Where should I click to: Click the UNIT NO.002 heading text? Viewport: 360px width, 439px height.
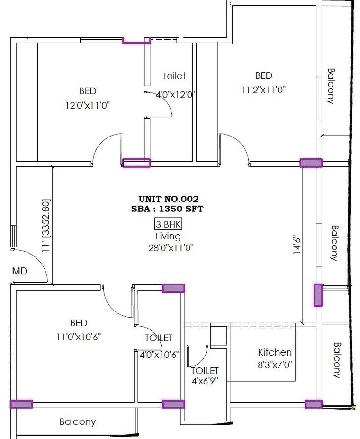pyautogui.click(x=168, y=199)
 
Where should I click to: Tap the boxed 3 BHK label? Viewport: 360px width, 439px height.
pyautogui.click(x=168, y=224)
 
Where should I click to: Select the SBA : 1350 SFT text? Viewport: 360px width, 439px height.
pyautogui.click(x=168, y=209)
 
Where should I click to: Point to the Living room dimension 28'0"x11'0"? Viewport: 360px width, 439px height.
pyautogui.click(x=168, y=247)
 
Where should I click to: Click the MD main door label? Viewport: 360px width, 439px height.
pyautogui.click(x=19, y=272)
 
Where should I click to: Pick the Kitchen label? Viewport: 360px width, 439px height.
pyautogui.click(x=275, y=352)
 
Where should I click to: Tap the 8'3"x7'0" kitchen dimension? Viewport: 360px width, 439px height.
pyautogui.click(x=275, y=365)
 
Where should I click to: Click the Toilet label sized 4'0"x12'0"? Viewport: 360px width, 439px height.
pyautogui.click(x=174, y=76)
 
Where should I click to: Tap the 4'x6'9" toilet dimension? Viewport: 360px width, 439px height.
pyautogui.click(x=204, y=381)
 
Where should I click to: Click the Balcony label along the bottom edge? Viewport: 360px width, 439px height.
pyautogui.click(x=77, y=421)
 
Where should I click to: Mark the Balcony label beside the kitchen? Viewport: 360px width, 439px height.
pyautogui.click(x=337, y=360)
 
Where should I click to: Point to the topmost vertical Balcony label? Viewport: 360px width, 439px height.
pyautogui.click(x=331, y=86)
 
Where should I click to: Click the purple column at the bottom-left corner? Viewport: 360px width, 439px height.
pyautogui.click(x=21, y=404)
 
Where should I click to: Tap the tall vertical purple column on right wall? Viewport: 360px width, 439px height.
pyautogui.click(x=318, y=295)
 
